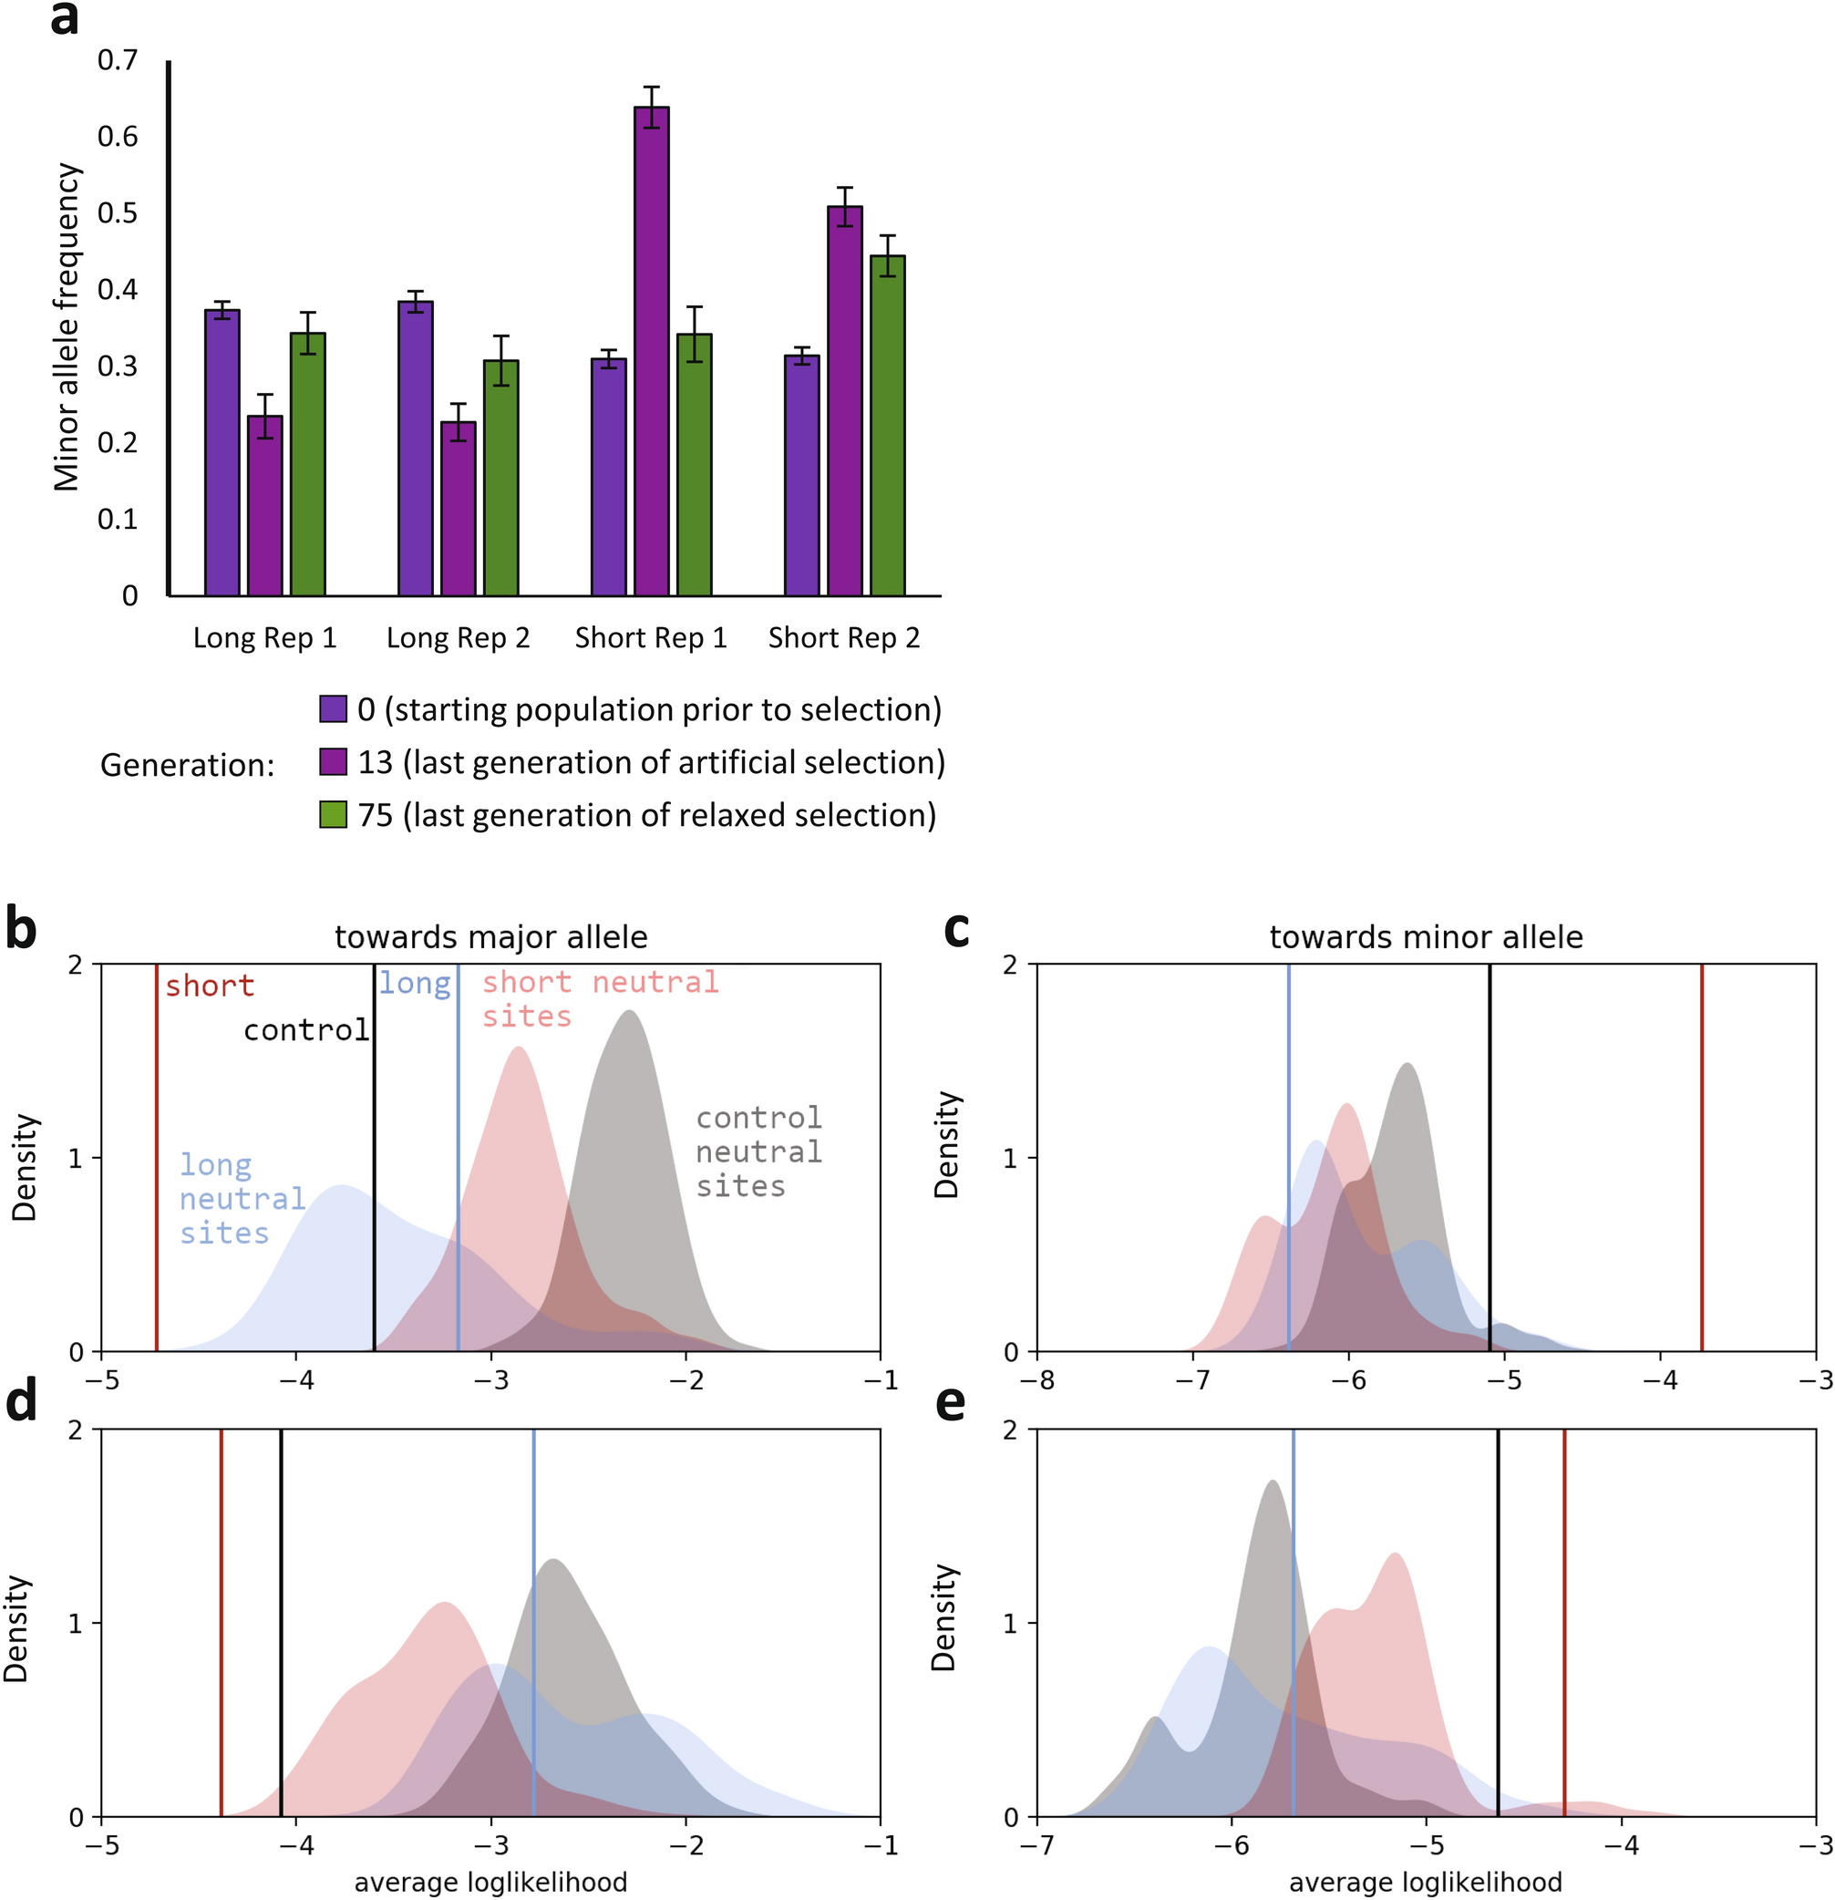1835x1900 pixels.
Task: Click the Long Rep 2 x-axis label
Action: click(x=458, y=638)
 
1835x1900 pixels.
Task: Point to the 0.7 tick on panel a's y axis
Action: click(x=119, y=60)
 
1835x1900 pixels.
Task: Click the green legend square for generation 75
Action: click(x=334, y=814)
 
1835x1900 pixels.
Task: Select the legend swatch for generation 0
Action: click(x=334, y=708)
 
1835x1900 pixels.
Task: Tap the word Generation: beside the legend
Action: click(x=187, y=765)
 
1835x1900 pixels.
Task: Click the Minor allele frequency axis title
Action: click(x=66, y=326)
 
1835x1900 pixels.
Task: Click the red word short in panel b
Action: click(x=210, y=986)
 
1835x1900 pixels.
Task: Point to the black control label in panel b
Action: click(x=306, y=1029)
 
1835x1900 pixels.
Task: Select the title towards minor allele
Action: click(x=1426, y=937)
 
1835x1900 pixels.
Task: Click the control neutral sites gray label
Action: click(x=759, y=1151)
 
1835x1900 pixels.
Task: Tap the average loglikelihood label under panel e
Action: click(x=1425, y=1883)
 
